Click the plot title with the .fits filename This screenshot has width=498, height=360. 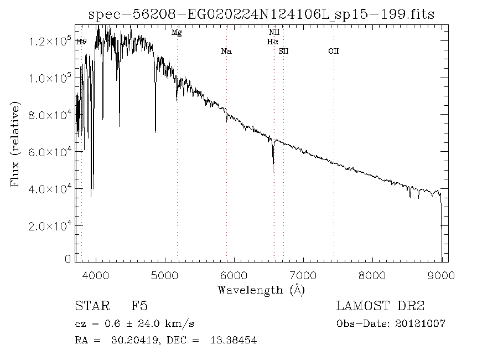click(x=262, y=15)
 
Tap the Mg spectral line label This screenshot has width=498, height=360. click(x=177, y=33)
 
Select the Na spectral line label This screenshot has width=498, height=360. click(x=226, y=52)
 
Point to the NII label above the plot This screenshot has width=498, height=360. click(x=273, y=33)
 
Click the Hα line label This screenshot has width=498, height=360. click(x=272, y=42)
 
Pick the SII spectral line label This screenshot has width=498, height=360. click(x=283, y=52)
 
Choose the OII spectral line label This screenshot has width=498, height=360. click(x=333, y=52)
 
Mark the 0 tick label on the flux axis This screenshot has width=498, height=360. click(x=68, y=259)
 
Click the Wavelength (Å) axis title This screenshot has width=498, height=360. click(x=261, y=289)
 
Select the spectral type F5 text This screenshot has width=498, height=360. click(x=139, y=306)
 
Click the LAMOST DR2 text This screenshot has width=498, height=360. click(x=380, y=306)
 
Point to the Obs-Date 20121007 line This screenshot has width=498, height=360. click(x=391, y=323)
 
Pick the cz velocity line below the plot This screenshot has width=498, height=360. click(x=134, y=323)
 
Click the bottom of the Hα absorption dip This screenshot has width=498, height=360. click(x=273, y=171)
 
